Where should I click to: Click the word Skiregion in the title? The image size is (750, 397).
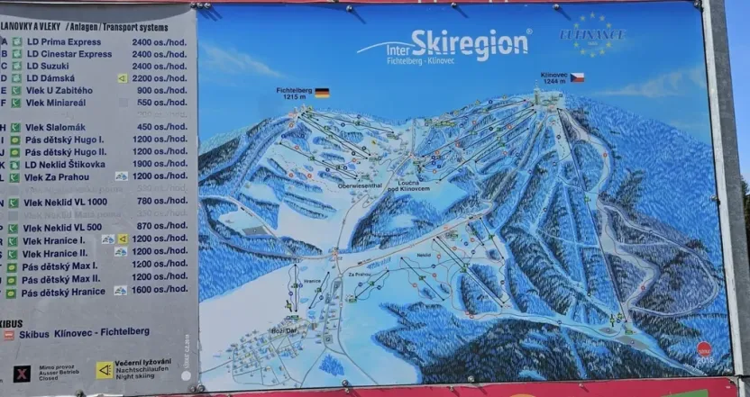(x=470, y=44)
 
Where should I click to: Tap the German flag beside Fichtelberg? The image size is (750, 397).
(x=321, y=92)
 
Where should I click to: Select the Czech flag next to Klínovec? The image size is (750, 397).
(x=577, y=77)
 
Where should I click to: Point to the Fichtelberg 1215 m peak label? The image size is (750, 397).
(x=294, y=93)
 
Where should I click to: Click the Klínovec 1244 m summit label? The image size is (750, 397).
(x=553, y=77)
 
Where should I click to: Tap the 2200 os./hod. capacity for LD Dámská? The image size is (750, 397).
(x=160, y=77)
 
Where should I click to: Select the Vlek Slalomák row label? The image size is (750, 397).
(x=56, y=127)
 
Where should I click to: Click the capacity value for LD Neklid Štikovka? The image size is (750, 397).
(x=160, y=164)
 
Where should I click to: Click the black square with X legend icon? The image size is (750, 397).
(x=22, y=372)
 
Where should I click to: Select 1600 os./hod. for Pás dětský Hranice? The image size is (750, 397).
(x=160, y=290)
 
